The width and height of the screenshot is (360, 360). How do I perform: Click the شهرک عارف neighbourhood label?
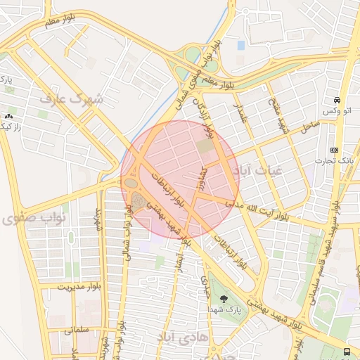point(71,99)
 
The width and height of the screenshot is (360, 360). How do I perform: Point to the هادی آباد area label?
point(184,337)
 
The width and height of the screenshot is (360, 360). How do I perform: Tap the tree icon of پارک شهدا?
point(224,299)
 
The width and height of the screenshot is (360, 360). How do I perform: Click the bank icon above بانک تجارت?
point(333,150)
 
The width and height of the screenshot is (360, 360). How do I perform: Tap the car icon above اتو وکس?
point(337,100)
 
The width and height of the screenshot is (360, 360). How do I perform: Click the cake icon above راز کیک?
point(8,116)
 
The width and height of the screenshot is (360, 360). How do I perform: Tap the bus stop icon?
point(347,351)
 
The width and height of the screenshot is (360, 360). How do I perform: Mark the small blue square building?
point(241,45)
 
